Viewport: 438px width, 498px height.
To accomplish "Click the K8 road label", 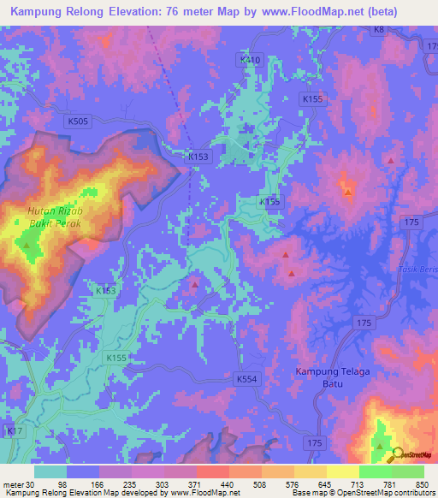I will (x=378, y=30).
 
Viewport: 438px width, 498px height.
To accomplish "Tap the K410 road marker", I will (x=248, y=60).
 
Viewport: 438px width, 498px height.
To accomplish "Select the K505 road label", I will (x=78, y=122).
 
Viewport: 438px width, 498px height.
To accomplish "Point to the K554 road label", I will (x=246, y=377).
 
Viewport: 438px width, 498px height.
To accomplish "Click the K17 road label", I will (x=13, y=433).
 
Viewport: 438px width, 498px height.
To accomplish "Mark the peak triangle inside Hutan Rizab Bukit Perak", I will (x=27, y=246).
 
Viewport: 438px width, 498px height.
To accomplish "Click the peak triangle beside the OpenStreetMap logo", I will (x=379, y=446).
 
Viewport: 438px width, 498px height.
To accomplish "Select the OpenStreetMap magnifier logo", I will (x=397, y=455).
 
